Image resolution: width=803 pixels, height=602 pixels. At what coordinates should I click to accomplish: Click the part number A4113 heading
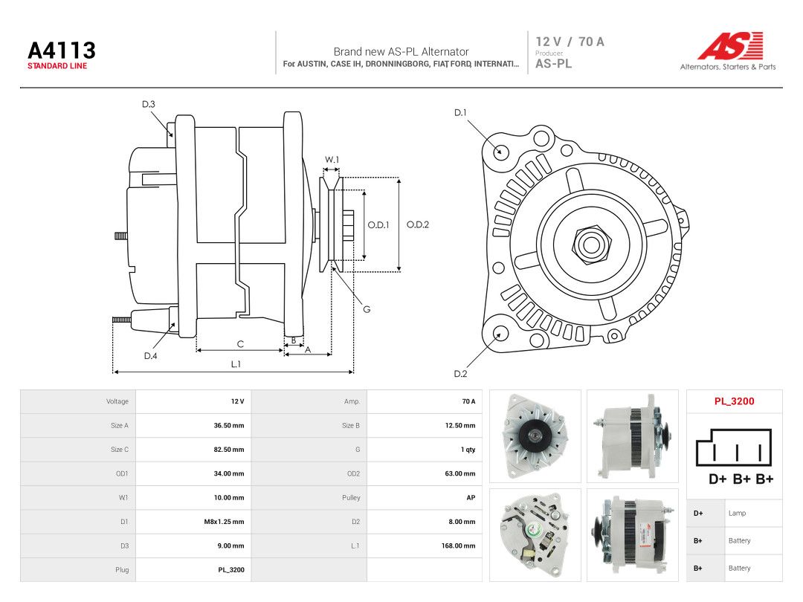pos(62,51)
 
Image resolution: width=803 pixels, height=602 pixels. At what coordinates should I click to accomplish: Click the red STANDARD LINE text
pos(57,66)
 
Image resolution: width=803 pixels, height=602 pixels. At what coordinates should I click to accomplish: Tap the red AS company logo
pos(730,46)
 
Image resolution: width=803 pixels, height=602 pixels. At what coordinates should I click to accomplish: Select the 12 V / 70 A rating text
pos(570,42)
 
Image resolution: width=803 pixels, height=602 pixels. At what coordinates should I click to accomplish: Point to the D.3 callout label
pos(149,105)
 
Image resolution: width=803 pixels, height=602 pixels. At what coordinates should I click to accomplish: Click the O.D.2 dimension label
pos(417,224)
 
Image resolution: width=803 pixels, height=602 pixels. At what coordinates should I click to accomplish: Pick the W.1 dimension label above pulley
pos(332,160)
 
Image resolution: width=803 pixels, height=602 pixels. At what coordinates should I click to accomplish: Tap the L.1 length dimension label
pos(236,364)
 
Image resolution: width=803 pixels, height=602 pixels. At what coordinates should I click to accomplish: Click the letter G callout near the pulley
pos(367,309)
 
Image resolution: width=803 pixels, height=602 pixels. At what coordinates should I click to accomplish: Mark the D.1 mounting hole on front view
pos(501,152)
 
